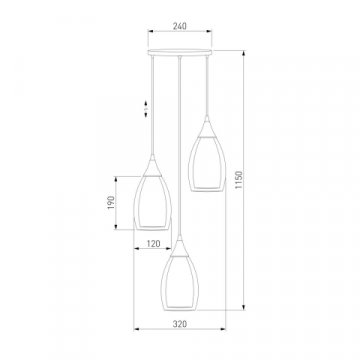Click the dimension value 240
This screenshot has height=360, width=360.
(x=180, y=26)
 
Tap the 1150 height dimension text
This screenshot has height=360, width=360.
(x=239, y=180)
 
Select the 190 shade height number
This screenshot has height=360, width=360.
(x=111, y=203)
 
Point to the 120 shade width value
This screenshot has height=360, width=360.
(x=153, y=244)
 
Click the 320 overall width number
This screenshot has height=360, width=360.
(x=180, y=324)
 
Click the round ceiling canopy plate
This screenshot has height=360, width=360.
(x=180, y=52)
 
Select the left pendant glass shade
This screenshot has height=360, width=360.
(x=152, y=203)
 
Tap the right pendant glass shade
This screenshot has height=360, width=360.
(x=207, y=164)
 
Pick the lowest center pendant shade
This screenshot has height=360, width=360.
(x=180, y=283)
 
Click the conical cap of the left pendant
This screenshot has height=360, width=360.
(x=152, y=166)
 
